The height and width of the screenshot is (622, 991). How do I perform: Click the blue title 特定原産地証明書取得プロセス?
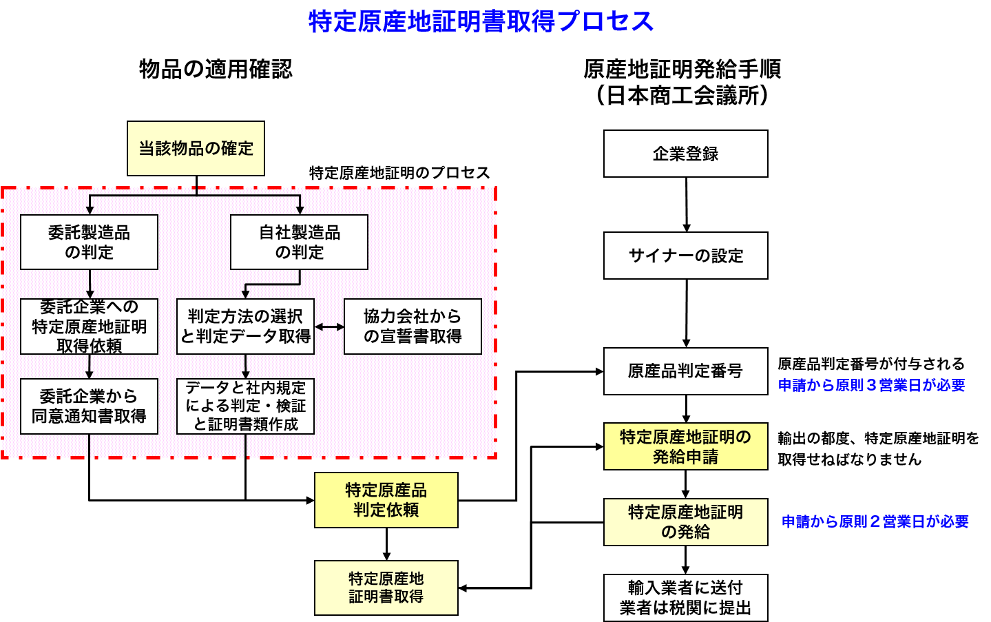pyautogui.click(x=481, y=21)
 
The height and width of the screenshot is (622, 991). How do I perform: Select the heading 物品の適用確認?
pyautogui.click(x=216, y=70)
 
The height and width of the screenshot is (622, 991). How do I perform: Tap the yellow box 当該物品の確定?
pyautogui.click(x=196, y=149)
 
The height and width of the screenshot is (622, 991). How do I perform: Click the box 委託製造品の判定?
pyautogui.click(x=89, y=242)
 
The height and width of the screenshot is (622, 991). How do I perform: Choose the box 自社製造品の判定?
pyautogui.click(x=299, y=242)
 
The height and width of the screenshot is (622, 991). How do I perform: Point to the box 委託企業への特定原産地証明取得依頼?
pyautogui.click(x=89, y=326)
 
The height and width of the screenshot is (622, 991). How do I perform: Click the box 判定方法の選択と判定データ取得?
pyautogui.click(x=245, y=326)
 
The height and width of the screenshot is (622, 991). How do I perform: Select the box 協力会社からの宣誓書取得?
pyautogui.click(x=413, y=326)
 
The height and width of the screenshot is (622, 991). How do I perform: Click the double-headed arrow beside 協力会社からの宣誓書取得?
pyautogui.click(x=329, y=326)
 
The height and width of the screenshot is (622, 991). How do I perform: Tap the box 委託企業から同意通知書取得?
pyautogui.click(x=89, y=406)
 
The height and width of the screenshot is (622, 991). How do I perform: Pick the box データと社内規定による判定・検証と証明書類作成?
pyautogui.click(x=245, y=406)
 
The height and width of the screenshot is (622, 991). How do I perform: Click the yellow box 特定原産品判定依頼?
pyautogui.click(x=386, y=500)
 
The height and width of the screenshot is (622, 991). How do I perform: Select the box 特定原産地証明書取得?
pyautogui.click(x=386, y=588)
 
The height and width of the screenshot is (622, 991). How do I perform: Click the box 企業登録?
pyautogui.click(x=685, y=154)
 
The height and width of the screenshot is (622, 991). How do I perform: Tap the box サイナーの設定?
pyautogui.click(x=685, y=256)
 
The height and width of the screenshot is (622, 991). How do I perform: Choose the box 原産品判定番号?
pyautogui.click(x=685, y=371)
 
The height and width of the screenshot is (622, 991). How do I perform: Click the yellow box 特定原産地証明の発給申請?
pyautogui.click(x=685, y=446)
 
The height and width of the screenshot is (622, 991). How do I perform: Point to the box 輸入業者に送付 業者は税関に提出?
pyautogui.click(x=685, y=598)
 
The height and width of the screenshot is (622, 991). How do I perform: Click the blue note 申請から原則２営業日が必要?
pyautogui.click(x=875, y=522)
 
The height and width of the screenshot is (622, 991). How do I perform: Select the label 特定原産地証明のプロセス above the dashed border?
pyautogui.click(x=399, y=173)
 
